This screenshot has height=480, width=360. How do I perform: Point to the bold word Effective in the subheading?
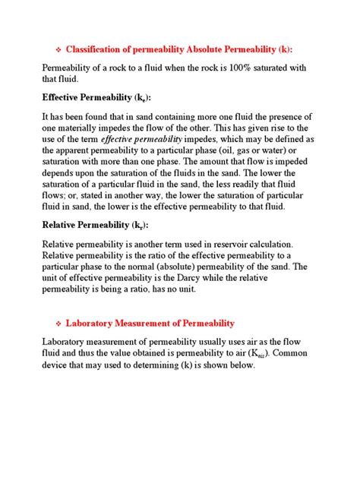tap(65, 98)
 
